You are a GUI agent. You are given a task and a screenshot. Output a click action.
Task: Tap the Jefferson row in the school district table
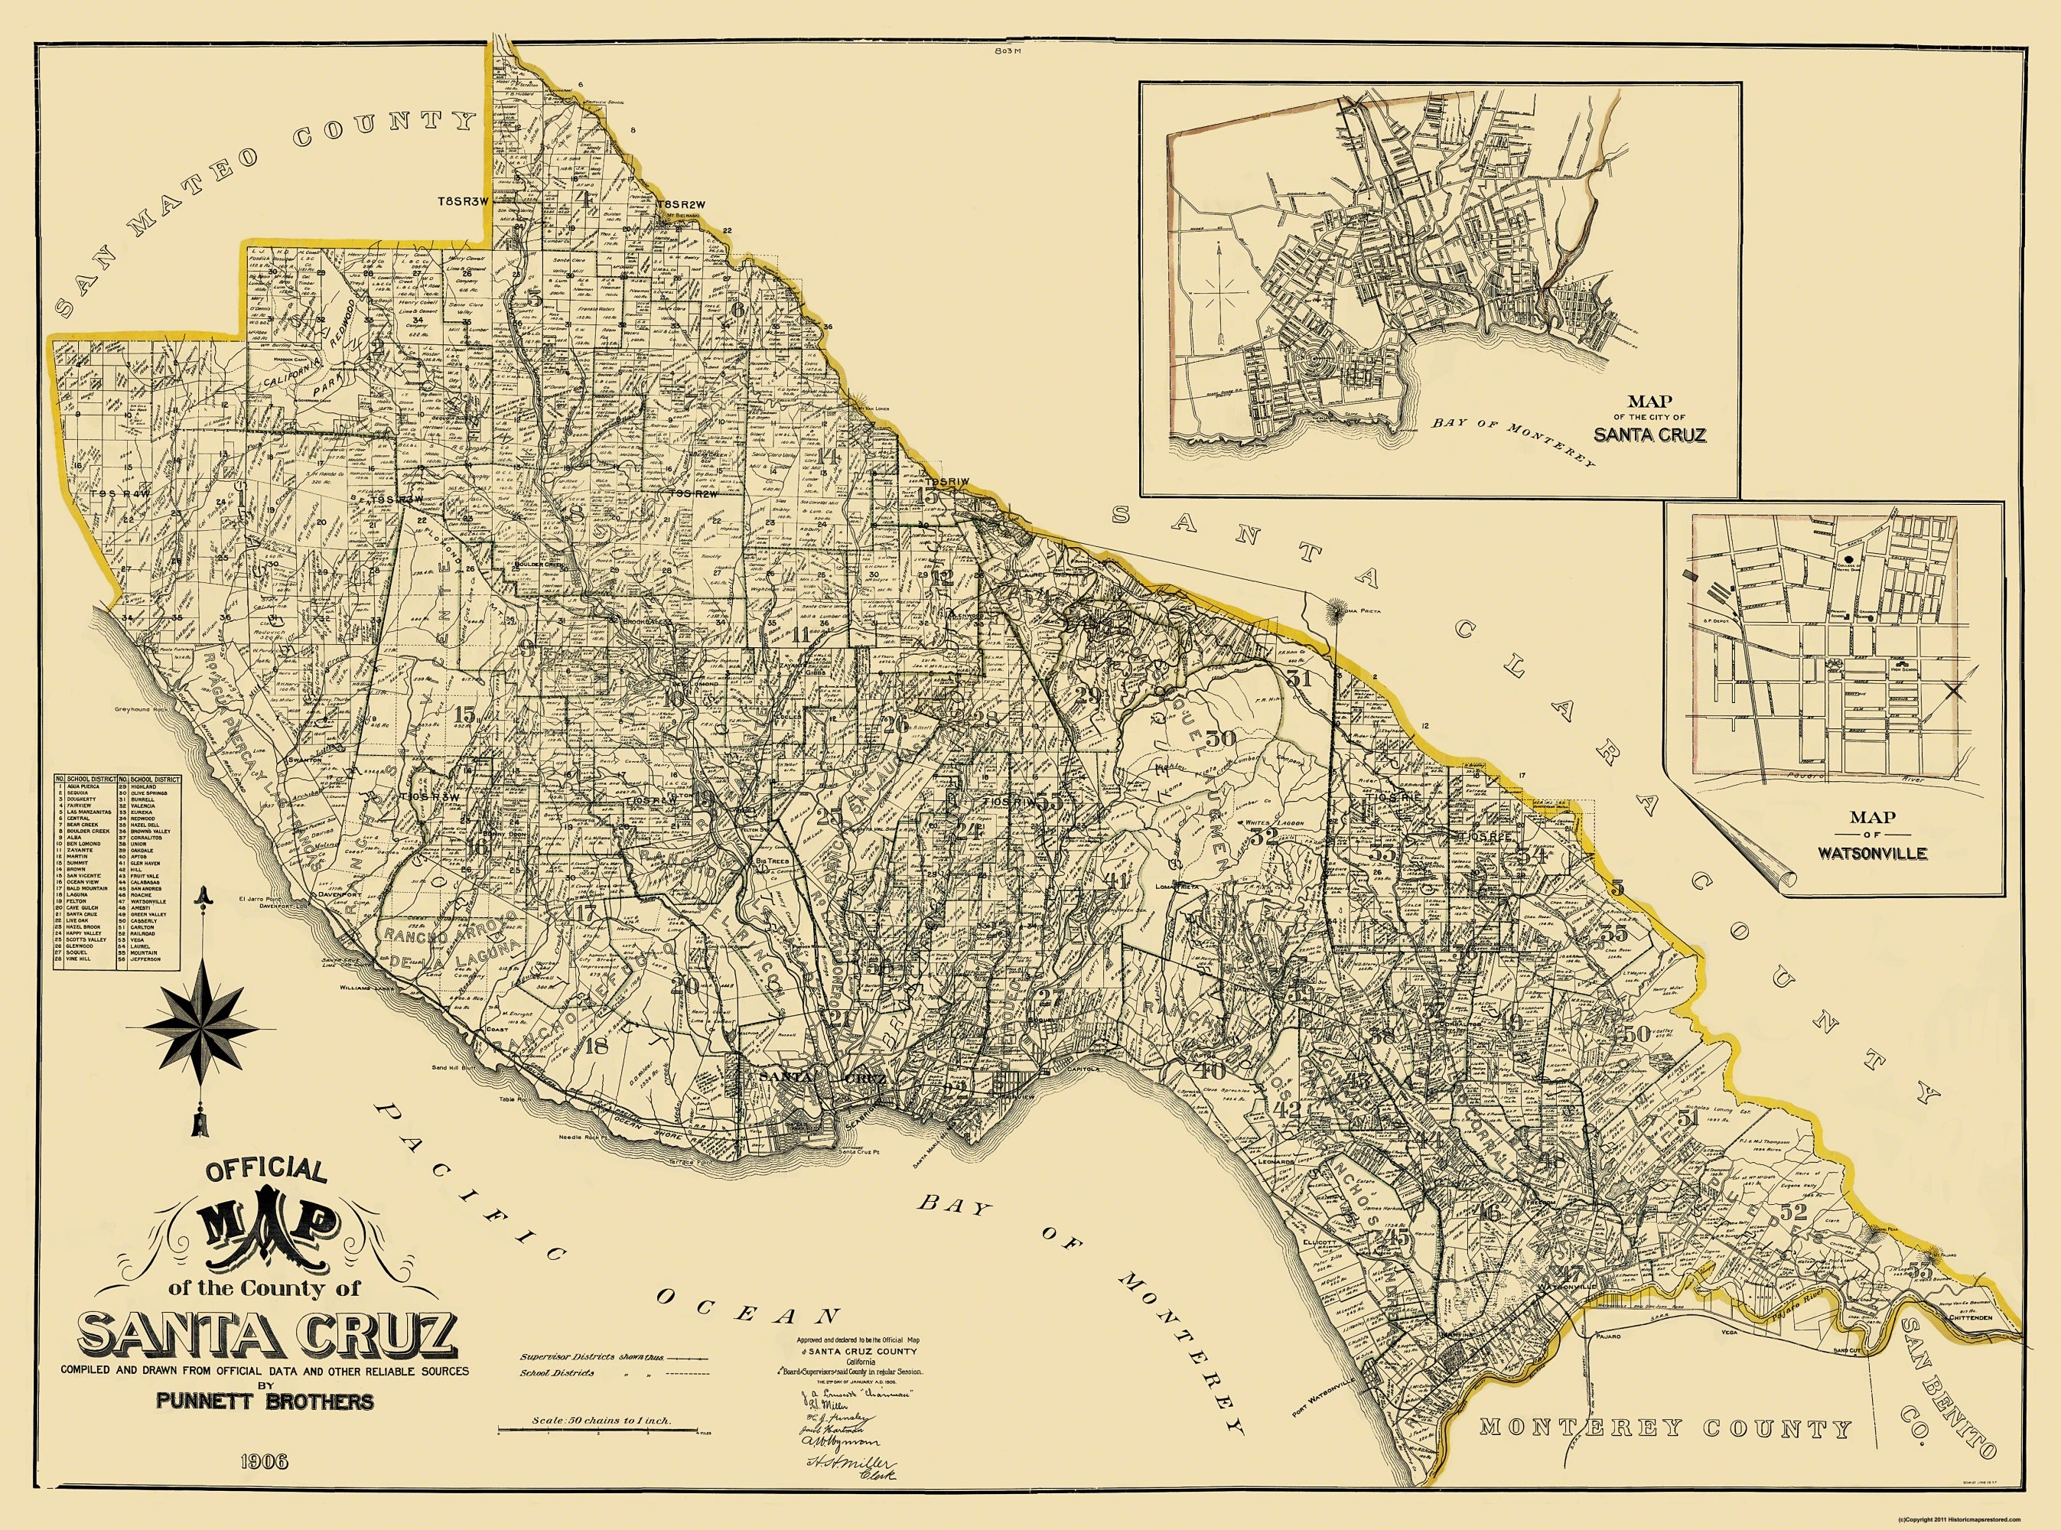[149, 959]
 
